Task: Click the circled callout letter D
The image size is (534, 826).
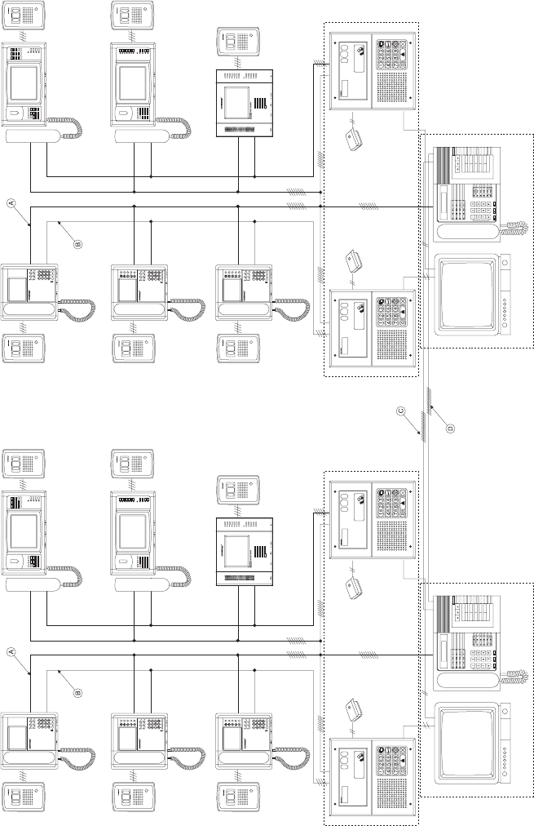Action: coord(449,425)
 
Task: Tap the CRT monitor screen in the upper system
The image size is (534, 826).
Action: coord(466,295)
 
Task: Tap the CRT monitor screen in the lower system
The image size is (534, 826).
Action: coord(466,740)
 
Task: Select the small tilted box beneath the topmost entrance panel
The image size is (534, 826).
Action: coord(355,140)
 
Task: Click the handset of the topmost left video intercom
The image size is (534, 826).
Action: coord(33,135)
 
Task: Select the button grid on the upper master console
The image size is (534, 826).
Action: coord(470,167)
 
